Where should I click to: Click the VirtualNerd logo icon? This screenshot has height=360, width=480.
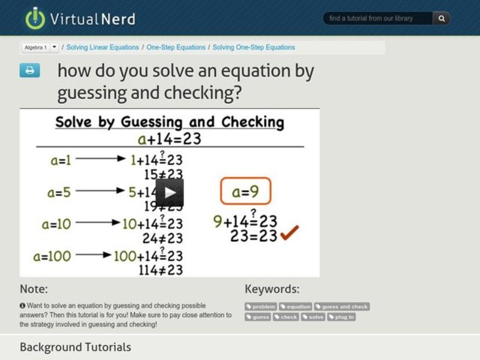coord(35,18)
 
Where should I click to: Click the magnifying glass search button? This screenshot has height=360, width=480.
coord(442,19)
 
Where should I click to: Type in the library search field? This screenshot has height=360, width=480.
coord(378,19)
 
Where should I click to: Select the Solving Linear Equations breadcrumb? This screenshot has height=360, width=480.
coord(103,47)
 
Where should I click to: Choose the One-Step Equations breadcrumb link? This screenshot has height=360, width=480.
coord(176,47)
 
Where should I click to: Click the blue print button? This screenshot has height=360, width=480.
coord(29,71)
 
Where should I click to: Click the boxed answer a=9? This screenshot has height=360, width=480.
coord(245,193)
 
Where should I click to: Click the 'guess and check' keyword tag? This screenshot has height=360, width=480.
coord(342,307)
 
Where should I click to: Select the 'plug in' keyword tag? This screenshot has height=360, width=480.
coord(341,317)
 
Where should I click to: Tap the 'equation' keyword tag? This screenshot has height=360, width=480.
coord(295,307)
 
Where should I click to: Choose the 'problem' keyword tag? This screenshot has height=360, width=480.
coord(260,307)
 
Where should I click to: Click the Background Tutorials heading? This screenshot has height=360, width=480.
coord(75,347)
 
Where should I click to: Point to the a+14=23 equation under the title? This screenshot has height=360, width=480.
coord(169,139)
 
